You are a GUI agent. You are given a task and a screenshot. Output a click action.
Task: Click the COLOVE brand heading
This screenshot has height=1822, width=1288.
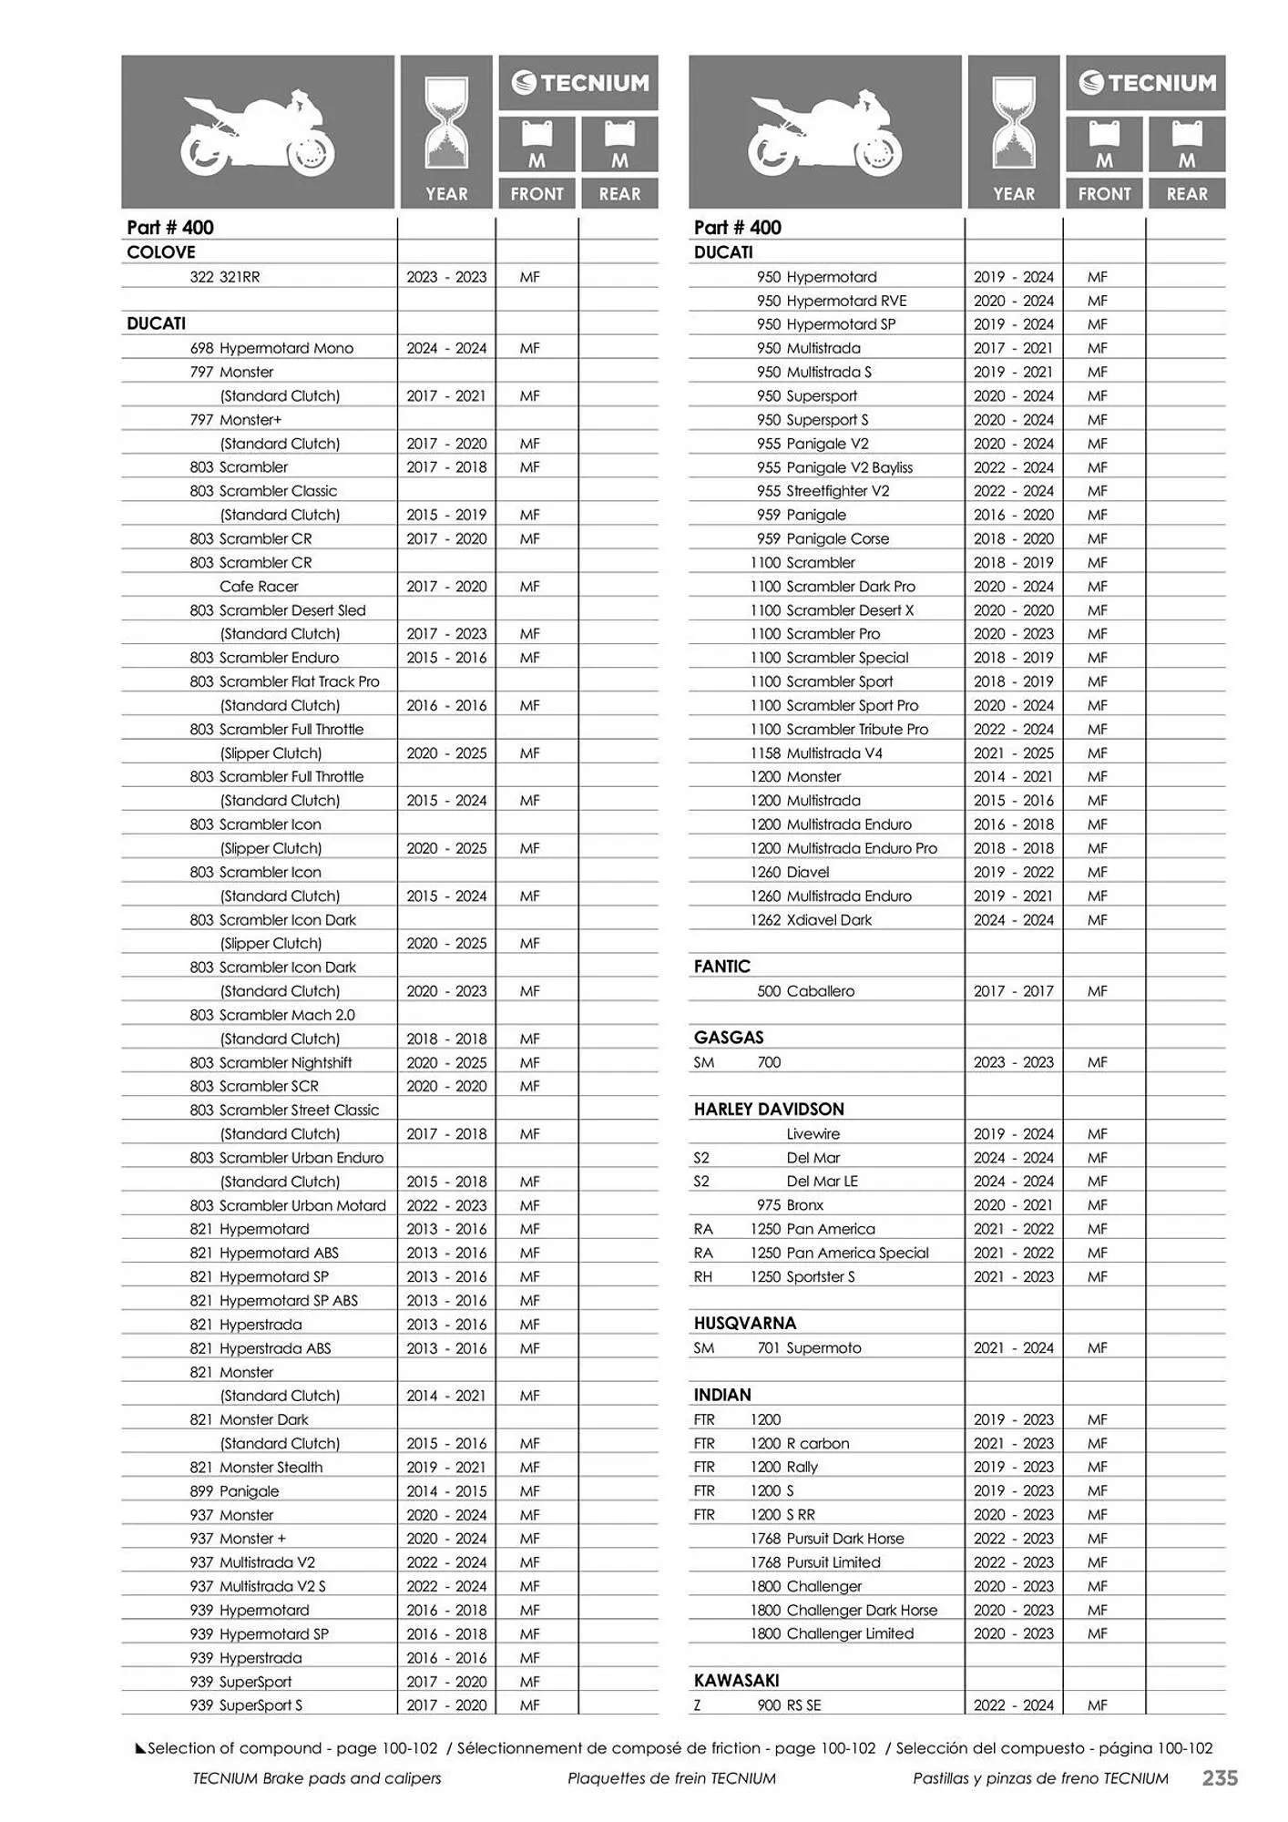tap(161, 252)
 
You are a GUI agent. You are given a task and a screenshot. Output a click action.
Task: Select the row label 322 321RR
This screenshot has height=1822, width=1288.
tap(224, 277)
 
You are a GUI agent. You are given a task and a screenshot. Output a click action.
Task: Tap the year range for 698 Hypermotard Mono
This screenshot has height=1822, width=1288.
tap(446, 348)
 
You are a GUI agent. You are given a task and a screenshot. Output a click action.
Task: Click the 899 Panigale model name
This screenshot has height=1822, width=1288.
tap(234, 1491)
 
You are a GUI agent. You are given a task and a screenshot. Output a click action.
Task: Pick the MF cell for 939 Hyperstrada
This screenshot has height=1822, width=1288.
tap(530, 1658)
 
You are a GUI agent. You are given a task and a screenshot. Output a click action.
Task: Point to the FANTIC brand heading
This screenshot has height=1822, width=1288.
tap(722, 967)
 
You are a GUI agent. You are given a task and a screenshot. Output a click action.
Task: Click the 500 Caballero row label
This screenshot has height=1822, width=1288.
tap(805, 991)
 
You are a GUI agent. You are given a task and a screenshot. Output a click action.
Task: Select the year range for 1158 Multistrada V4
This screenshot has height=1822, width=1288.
tap(1013, 753)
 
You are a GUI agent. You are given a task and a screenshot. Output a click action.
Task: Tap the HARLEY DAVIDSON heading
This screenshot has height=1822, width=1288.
tap(769, 1110)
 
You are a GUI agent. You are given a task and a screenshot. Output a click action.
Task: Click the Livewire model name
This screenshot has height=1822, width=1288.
tap(813, 1134)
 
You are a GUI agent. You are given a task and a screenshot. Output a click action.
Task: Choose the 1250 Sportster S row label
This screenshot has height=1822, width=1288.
tap(802, 1277)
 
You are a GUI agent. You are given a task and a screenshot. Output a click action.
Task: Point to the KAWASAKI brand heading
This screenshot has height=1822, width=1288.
tap(736, 1681)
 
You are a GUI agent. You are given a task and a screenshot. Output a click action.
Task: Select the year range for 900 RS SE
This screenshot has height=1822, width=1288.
tap(1013, 1705)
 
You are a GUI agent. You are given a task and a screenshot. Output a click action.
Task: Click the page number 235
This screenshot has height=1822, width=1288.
tap(1220, 1777)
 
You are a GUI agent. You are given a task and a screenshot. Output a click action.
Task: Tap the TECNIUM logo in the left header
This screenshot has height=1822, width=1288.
tap(579, 84)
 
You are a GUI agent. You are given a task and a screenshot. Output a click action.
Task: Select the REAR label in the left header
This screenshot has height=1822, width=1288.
tap(619, 194)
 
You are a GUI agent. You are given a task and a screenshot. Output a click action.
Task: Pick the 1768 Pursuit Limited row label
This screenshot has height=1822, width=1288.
tap(815, 1562)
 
